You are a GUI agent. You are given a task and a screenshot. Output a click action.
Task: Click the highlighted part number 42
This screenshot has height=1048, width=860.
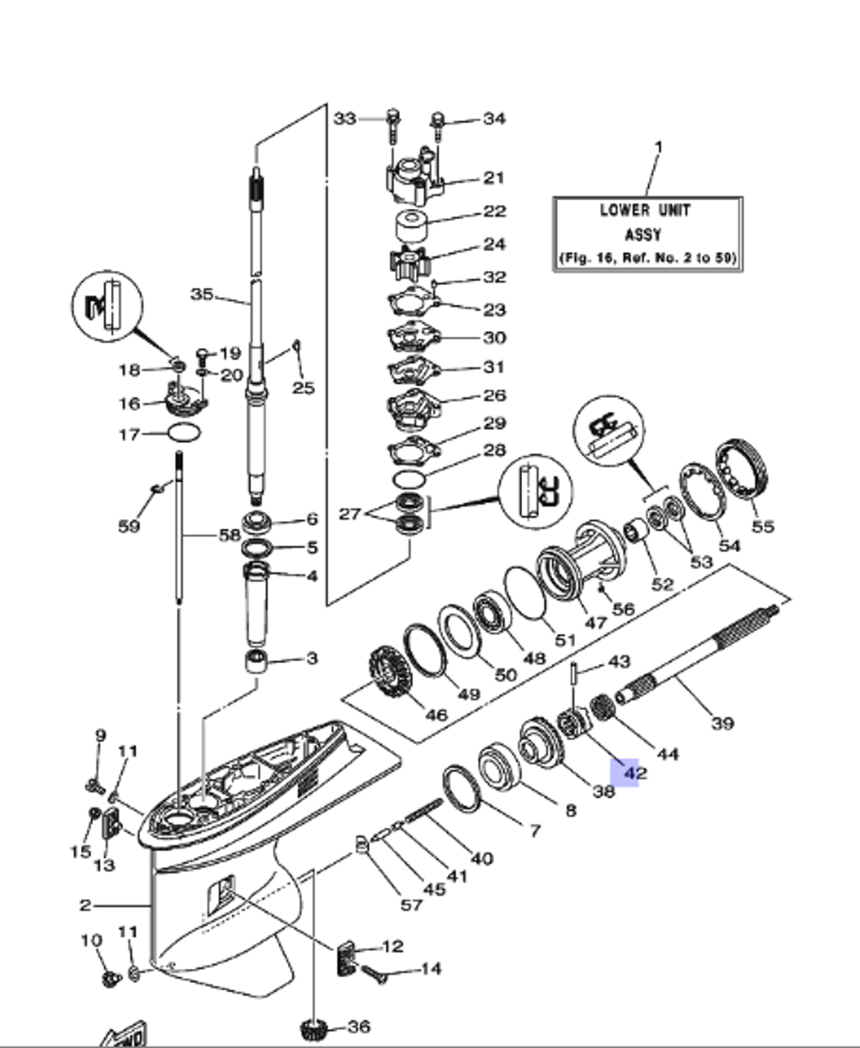click(x=635, y=773)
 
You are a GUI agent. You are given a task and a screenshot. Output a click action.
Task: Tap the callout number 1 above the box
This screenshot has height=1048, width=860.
click(x=658, y=149)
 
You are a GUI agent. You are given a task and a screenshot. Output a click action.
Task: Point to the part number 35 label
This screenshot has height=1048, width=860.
click(x=202, y=295)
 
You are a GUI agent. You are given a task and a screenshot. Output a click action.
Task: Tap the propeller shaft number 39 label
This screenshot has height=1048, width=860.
click(x=722, y=722)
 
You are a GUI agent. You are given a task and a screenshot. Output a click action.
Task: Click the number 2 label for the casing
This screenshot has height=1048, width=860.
click(x=85, y=904)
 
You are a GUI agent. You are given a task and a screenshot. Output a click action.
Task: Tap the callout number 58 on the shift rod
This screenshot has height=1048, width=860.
click(x=229, y=536)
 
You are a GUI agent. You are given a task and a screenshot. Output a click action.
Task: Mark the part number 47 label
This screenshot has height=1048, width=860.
click(x=595, y=622)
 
